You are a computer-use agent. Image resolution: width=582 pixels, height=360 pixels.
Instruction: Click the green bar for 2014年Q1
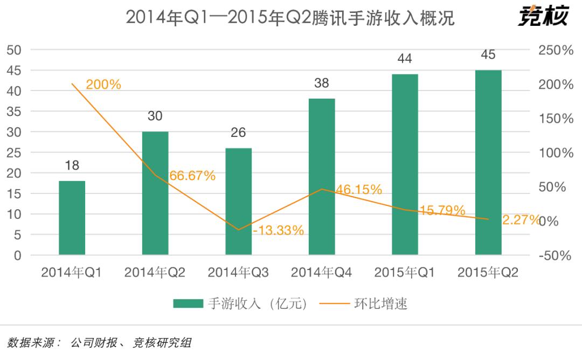[72, 218]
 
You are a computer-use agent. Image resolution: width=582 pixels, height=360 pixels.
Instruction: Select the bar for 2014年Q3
[238, 201]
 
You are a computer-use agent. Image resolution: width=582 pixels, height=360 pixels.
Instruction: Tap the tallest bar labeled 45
[488, 162]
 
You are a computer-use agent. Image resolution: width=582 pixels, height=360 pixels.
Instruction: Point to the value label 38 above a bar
[322, 84]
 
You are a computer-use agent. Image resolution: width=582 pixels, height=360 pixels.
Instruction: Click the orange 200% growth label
[103, 85]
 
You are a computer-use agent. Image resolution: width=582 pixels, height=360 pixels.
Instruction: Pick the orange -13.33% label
[279, 231]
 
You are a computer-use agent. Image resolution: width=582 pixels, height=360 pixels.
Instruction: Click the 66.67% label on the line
[192, 176]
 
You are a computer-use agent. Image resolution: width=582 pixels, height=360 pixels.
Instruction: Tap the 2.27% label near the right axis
[520, 219]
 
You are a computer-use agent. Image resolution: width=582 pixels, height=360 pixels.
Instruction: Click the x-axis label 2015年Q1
[405, 273]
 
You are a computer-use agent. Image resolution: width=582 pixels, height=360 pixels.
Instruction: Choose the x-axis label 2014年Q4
[321, 273]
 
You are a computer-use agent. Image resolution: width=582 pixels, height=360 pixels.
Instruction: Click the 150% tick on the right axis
[556, 119]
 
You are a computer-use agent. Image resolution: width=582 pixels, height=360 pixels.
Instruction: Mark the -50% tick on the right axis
[555, 255]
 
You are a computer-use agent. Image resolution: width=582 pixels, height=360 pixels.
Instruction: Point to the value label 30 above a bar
[155, 116]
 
